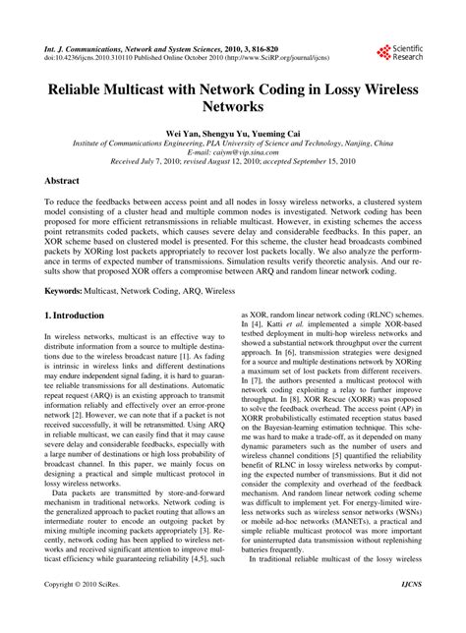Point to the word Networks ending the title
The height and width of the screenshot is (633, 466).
pos(232,105)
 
